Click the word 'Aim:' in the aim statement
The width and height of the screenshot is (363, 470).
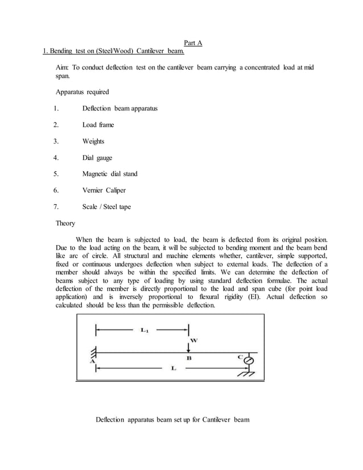click(x=64, y=68)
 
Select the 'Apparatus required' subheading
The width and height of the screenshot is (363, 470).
click(x=82, y=92)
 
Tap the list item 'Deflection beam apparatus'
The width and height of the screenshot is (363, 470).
click(x=119, y=108)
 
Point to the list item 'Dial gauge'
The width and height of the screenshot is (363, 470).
click(x=97, y=157)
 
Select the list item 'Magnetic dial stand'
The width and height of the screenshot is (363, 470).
click(x=110, y=174)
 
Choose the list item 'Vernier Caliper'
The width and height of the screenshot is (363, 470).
click(x=105, y=190)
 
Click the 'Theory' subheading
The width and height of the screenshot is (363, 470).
click(x=65, y=223)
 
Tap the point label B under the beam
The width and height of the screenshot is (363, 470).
click(x=189, y=358)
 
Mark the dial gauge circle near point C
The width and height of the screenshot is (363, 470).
click(x=248, y=360)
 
